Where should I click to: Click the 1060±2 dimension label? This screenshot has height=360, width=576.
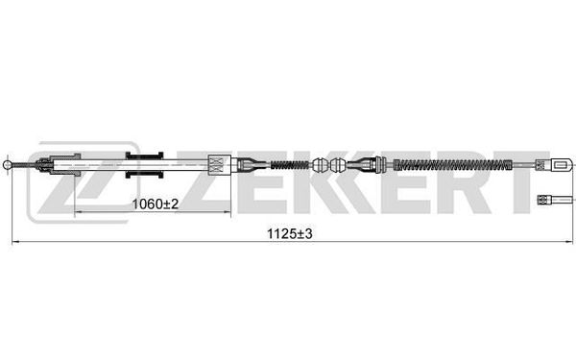pos(155,204)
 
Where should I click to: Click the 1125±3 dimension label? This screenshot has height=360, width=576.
pos(290,233)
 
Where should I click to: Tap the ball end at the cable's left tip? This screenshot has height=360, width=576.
pos(7,164)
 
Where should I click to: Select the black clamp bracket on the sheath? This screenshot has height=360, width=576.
pos(144,165)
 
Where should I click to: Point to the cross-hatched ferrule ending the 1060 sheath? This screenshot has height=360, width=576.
pos(219,164)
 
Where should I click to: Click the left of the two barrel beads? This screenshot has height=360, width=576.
pos(320,165)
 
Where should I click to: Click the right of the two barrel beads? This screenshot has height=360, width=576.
pos(338,165)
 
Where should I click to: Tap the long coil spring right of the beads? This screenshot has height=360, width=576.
pos(452,165)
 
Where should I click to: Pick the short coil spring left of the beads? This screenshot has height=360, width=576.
pos(290,165)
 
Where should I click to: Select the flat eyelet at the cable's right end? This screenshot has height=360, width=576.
pos(562,165)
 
